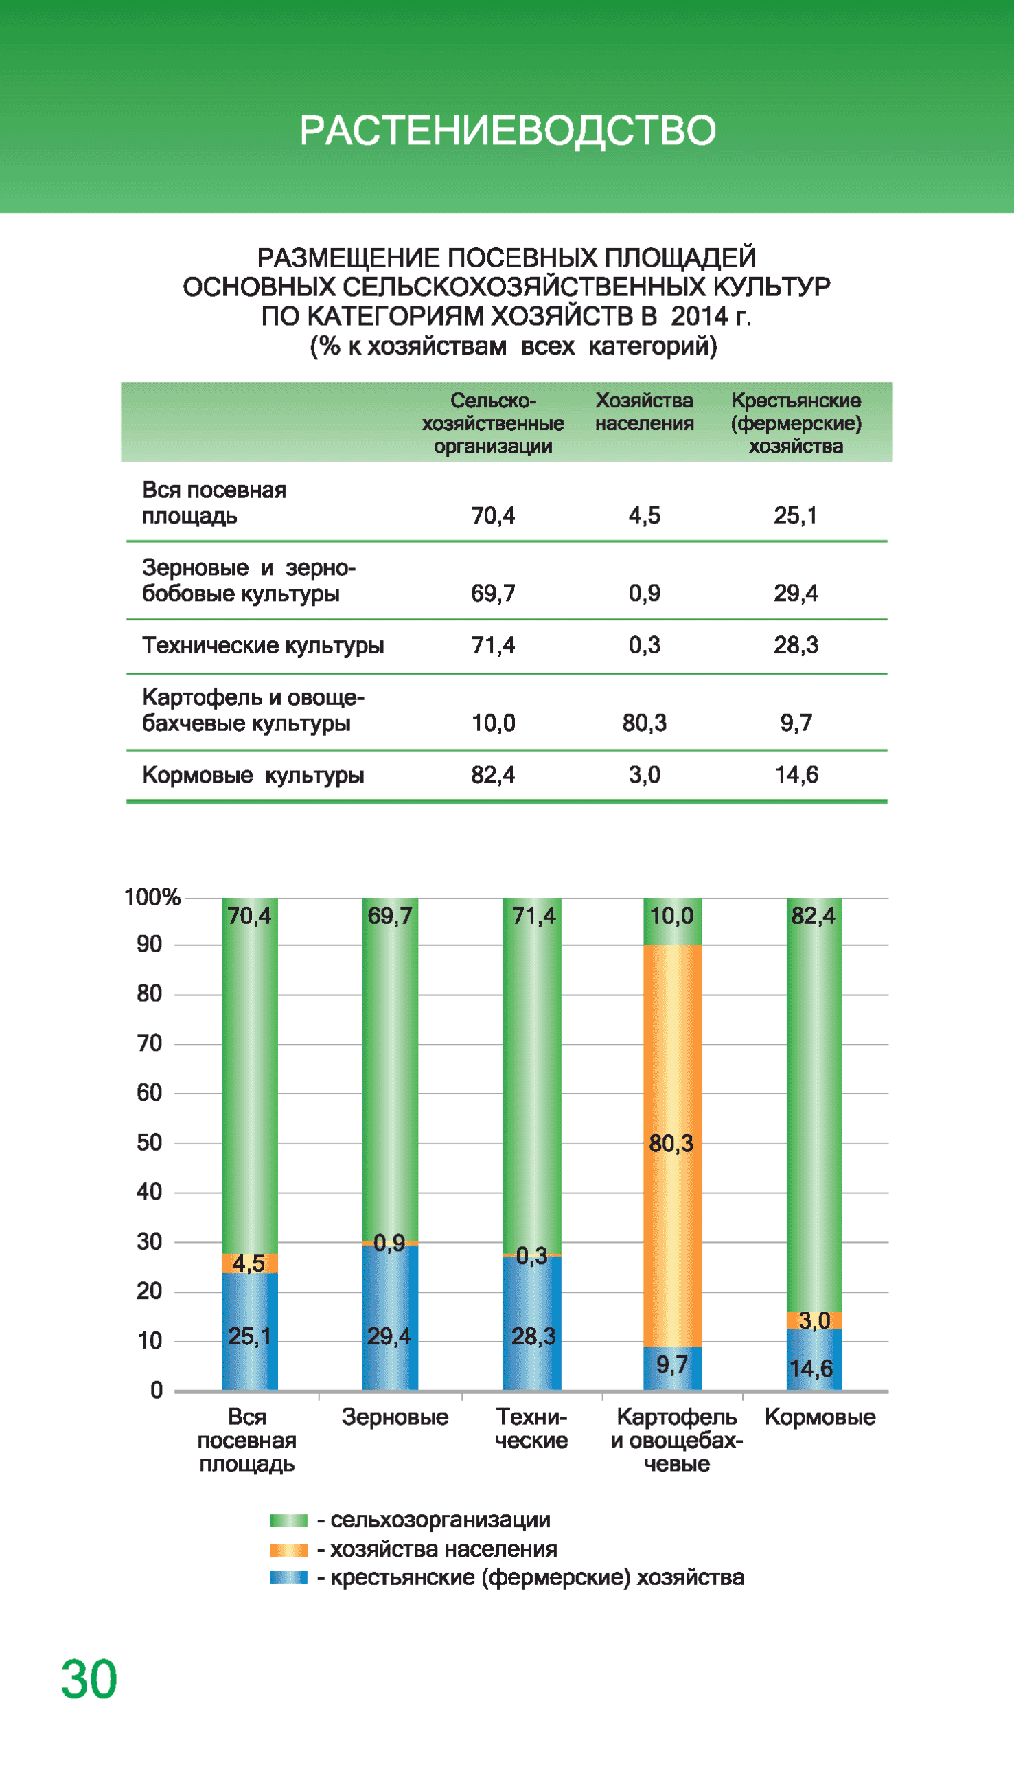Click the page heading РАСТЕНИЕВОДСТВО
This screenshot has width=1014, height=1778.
click(507, 131)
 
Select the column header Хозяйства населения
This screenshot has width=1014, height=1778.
click(644, 412)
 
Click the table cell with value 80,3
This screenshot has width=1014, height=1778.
click(644, 723)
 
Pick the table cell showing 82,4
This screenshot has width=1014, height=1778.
click(492, 775)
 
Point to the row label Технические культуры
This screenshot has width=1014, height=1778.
click(262, 645)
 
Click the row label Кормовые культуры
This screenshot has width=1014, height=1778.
click(253, 775)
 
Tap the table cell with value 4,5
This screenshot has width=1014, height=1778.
click(644, 515)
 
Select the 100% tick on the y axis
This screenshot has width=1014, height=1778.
click(152, 897)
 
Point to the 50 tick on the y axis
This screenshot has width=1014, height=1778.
click(149, 1143)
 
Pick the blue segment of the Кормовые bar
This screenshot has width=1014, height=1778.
click(814, 1359)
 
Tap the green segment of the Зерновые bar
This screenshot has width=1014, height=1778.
click(390, 1066)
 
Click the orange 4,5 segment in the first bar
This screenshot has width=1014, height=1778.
click(249, 1263)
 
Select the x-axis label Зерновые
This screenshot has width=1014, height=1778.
click(395, 1417)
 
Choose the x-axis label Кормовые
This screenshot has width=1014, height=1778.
click(820, 1417)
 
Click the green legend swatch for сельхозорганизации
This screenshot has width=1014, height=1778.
click(288, 1520)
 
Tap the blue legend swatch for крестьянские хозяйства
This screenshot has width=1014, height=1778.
click(288, 1577)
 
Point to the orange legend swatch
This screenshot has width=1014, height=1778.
click(288, 1549)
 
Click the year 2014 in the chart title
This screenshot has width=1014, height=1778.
click(698, 316)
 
